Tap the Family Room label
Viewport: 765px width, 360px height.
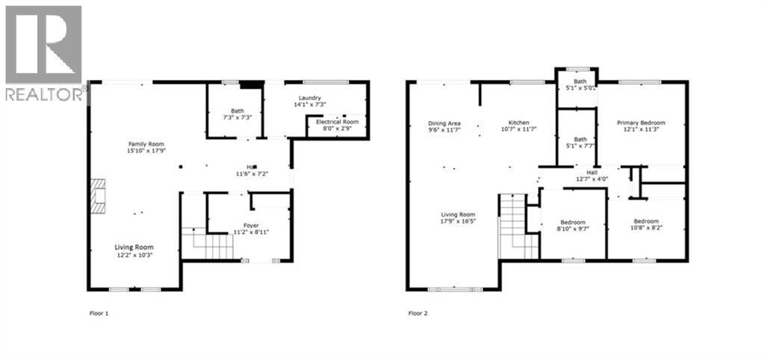pyautogui.click(x=145, y=144)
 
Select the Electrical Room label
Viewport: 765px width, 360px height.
pyautogui.click(x=338, y=121)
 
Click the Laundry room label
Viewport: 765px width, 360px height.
pyautogui.click(x=309, y=99)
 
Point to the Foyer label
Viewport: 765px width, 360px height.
pyautogui.click(x=250, y=224)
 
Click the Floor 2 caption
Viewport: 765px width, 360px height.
pyautogui.click(x=418, y=314)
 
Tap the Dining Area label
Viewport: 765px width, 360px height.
pyautogui.click(x=444, y=123)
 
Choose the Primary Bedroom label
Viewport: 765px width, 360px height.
pyautogui.click(x=640, y=122)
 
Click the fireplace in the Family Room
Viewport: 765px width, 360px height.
pyautogui.click(x=97, y=196)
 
